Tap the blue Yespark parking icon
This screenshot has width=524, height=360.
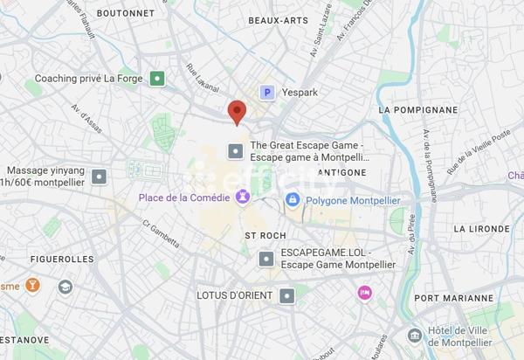(268, 91)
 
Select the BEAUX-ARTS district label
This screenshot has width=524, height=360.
(279, 20)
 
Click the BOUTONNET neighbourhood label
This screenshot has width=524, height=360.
(125, 14)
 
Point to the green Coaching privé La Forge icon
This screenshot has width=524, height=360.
(156, 79)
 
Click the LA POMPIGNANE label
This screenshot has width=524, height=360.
(418, 110)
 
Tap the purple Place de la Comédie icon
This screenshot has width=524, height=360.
(242, 197)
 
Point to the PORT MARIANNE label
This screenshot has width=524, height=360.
(452, 299)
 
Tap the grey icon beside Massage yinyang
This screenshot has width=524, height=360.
(100, 176)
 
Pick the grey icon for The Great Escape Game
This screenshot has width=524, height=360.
(234, 152)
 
